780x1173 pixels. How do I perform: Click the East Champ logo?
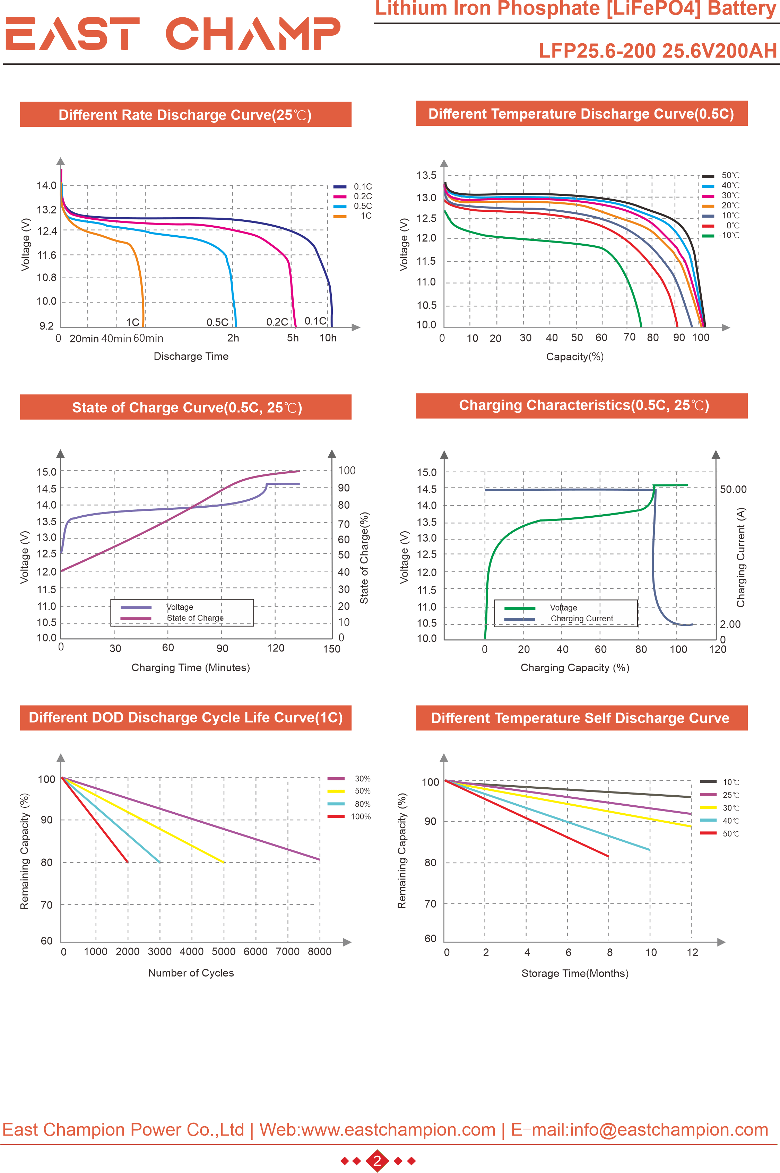click(x=173, y=34)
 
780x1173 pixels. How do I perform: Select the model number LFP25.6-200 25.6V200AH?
click(x=657, y=51)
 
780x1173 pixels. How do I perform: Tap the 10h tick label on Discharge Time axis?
click(x=328, y=338)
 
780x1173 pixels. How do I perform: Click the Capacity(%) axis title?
click(x=574, y=357)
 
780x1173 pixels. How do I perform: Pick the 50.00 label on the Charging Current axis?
click(x=733, y=489)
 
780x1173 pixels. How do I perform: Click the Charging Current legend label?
click(x=581, y=619)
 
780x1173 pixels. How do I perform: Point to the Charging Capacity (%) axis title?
click(x=574, y=668)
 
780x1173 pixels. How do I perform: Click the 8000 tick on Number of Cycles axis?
click(x=319, y=951)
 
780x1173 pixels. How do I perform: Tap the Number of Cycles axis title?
click(x=191, y=973)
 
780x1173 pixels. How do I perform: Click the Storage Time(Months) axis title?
click(x=574, y=973)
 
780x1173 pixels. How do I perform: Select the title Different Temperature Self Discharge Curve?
click(x=580, y=718)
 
